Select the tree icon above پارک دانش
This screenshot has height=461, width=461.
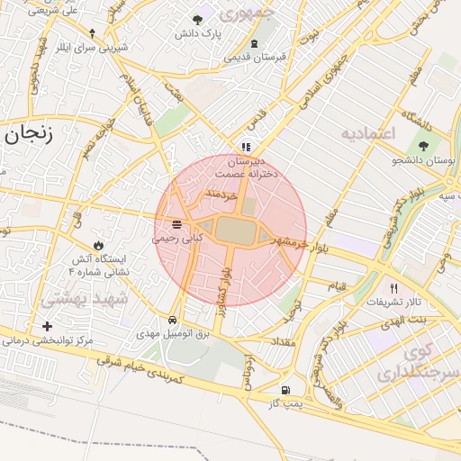click(198, 20)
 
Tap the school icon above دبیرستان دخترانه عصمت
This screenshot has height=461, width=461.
click(245, 147)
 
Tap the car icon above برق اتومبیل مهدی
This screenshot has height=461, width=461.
click(171, 320)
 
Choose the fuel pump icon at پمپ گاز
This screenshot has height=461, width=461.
click(285, 391)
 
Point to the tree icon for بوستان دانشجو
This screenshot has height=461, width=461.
click(422, 145)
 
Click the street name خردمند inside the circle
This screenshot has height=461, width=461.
click(220, 194)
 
